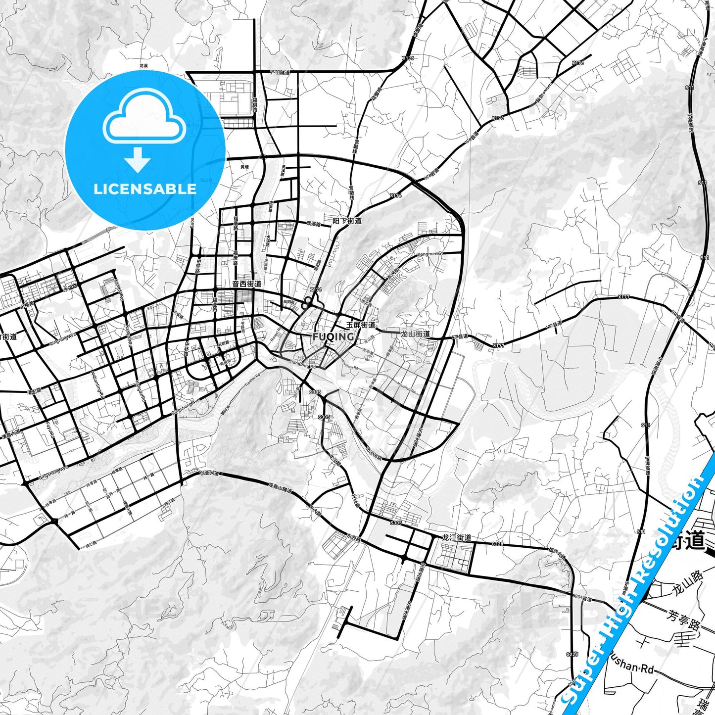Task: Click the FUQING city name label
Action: point(333,337)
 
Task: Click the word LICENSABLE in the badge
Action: point(145,189)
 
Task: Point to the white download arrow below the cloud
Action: point(138,159)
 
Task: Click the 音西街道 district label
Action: point(246,284)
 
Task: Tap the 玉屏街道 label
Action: point(361,325)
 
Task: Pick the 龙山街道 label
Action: point(415,334)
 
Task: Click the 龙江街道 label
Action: point(456,537)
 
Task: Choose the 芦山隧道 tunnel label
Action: point(280,73)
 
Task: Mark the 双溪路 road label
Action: point(314,224)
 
